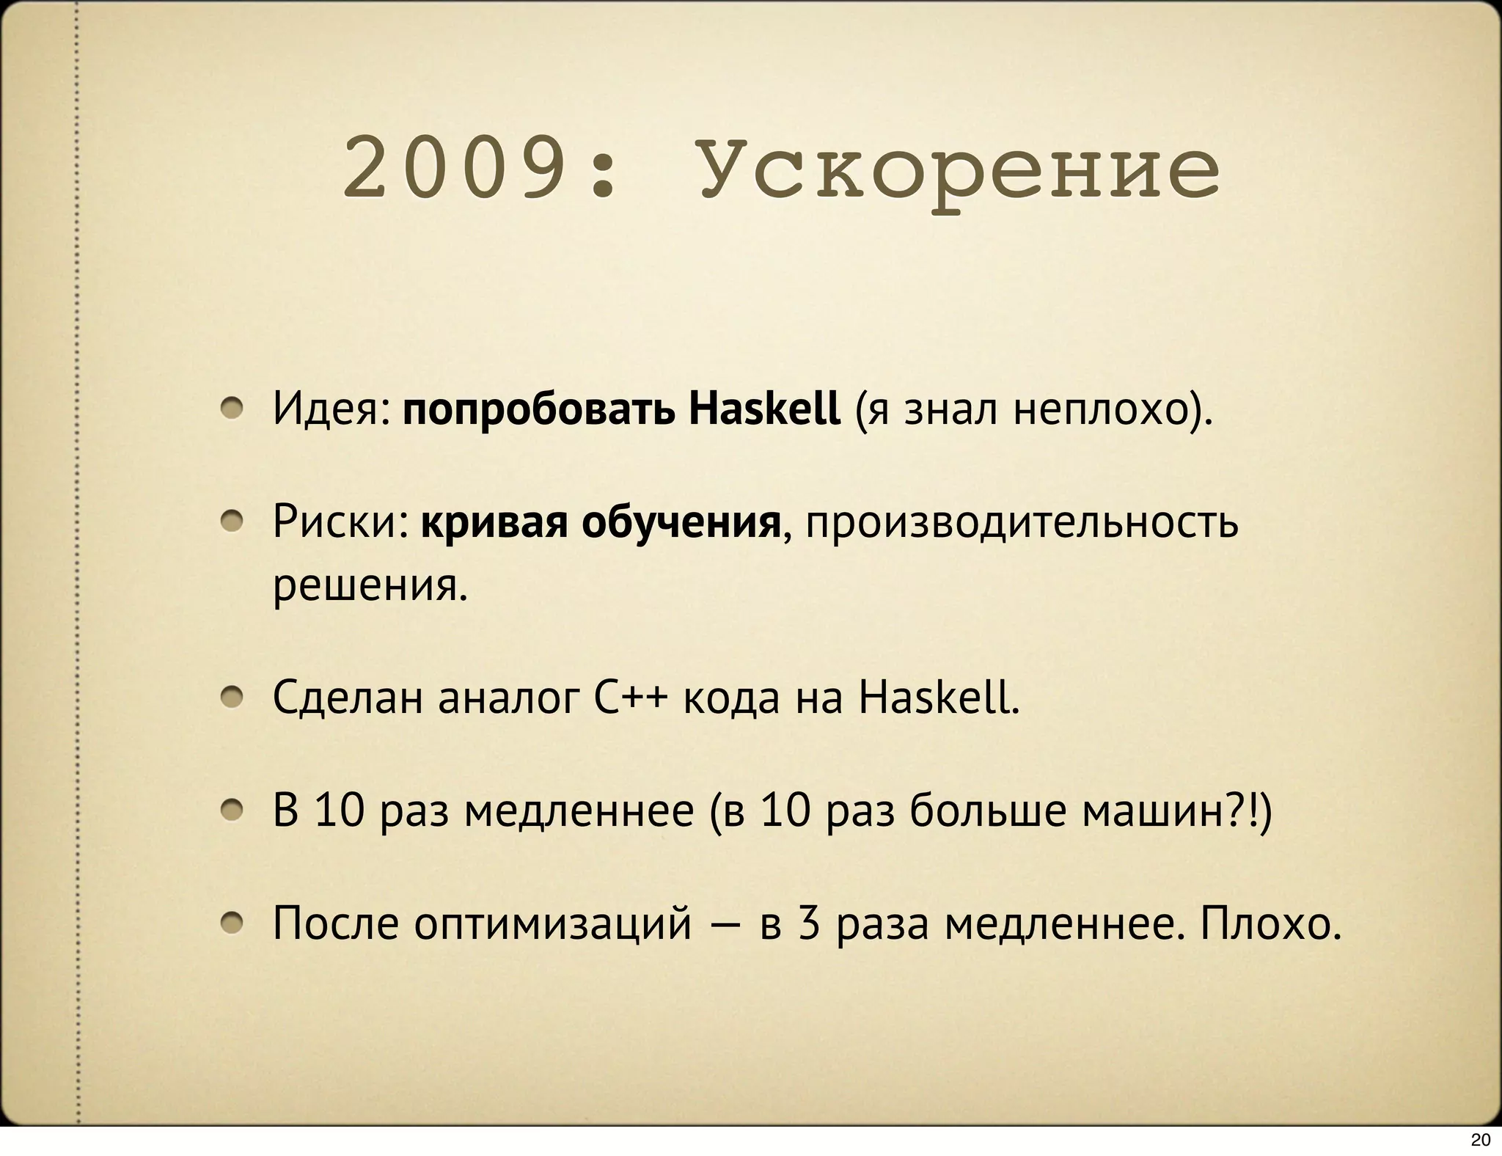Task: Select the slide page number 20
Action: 1480,1140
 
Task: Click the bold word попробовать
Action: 538,410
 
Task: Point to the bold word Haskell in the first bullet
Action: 764,409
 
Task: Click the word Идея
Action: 331,409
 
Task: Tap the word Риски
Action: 340,522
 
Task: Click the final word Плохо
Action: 1270,924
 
